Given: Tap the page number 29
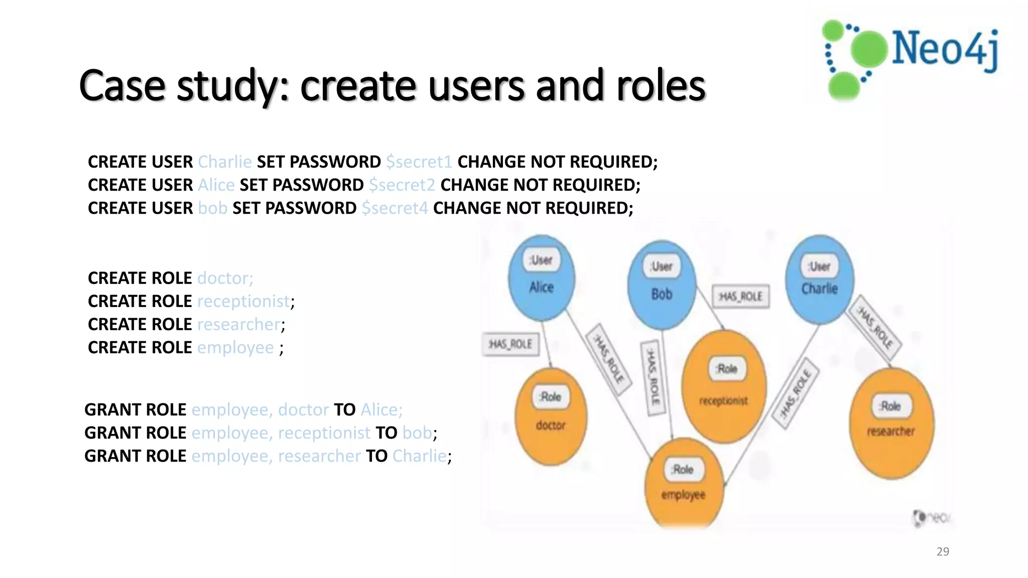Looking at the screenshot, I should click(x=943, y=551).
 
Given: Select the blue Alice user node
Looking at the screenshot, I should click(x=541, y=278).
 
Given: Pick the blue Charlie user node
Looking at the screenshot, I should click(x=819, y=279).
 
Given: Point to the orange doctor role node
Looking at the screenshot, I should click(x=551, y=416).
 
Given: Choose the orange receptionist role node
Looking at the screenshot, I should click(x=724, y=386).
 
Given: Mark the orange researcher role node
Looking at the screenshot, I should click(x=891, y=423).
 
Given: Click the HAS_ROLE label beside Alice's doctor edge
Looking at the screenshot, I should click(x=510, y=344).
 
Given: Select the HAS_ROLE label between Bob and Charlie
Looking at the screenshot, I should click(x=741, y=297).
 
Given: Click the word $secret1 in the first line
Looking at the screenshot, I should click(x=419, y=162).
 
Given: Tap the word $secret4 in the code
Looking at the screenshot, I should click(x=395, y=208).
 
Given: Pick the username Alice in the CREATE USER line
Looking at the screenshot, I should click(x=216, y=185).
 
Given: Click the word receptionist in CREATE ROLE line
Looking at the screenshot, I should click(x=243, y=302).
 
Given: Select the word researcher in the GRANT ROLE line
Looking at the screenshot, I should click(x=319, y=456).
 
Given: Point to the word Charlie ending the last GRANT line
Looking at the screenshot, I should click(x=419, y=456).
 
